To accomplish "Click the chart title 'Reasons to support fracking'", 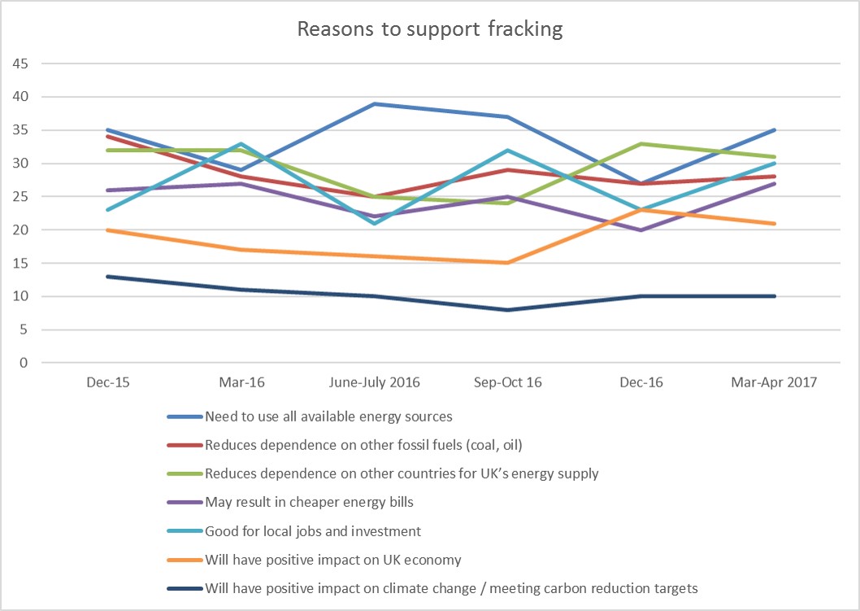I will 429,28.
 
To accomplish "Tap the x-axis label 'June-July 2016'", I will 373,382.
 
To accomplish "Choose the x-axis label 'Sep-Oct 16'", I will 507,382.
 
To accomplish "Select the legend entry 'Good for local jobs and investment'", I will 313,531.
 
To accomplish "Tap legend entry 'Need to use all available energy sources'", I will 328,417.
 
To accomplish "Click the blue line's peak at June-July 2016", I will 374,104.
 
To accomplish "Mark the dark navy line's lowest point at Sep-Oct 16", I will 508,310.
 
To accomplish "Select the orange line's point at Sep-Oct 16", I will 508,263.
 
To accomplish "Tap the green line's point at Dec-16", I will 641,144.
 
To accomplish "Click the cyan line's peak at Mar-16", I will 240,144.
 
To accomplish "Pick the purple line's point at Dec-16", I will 641,230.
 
